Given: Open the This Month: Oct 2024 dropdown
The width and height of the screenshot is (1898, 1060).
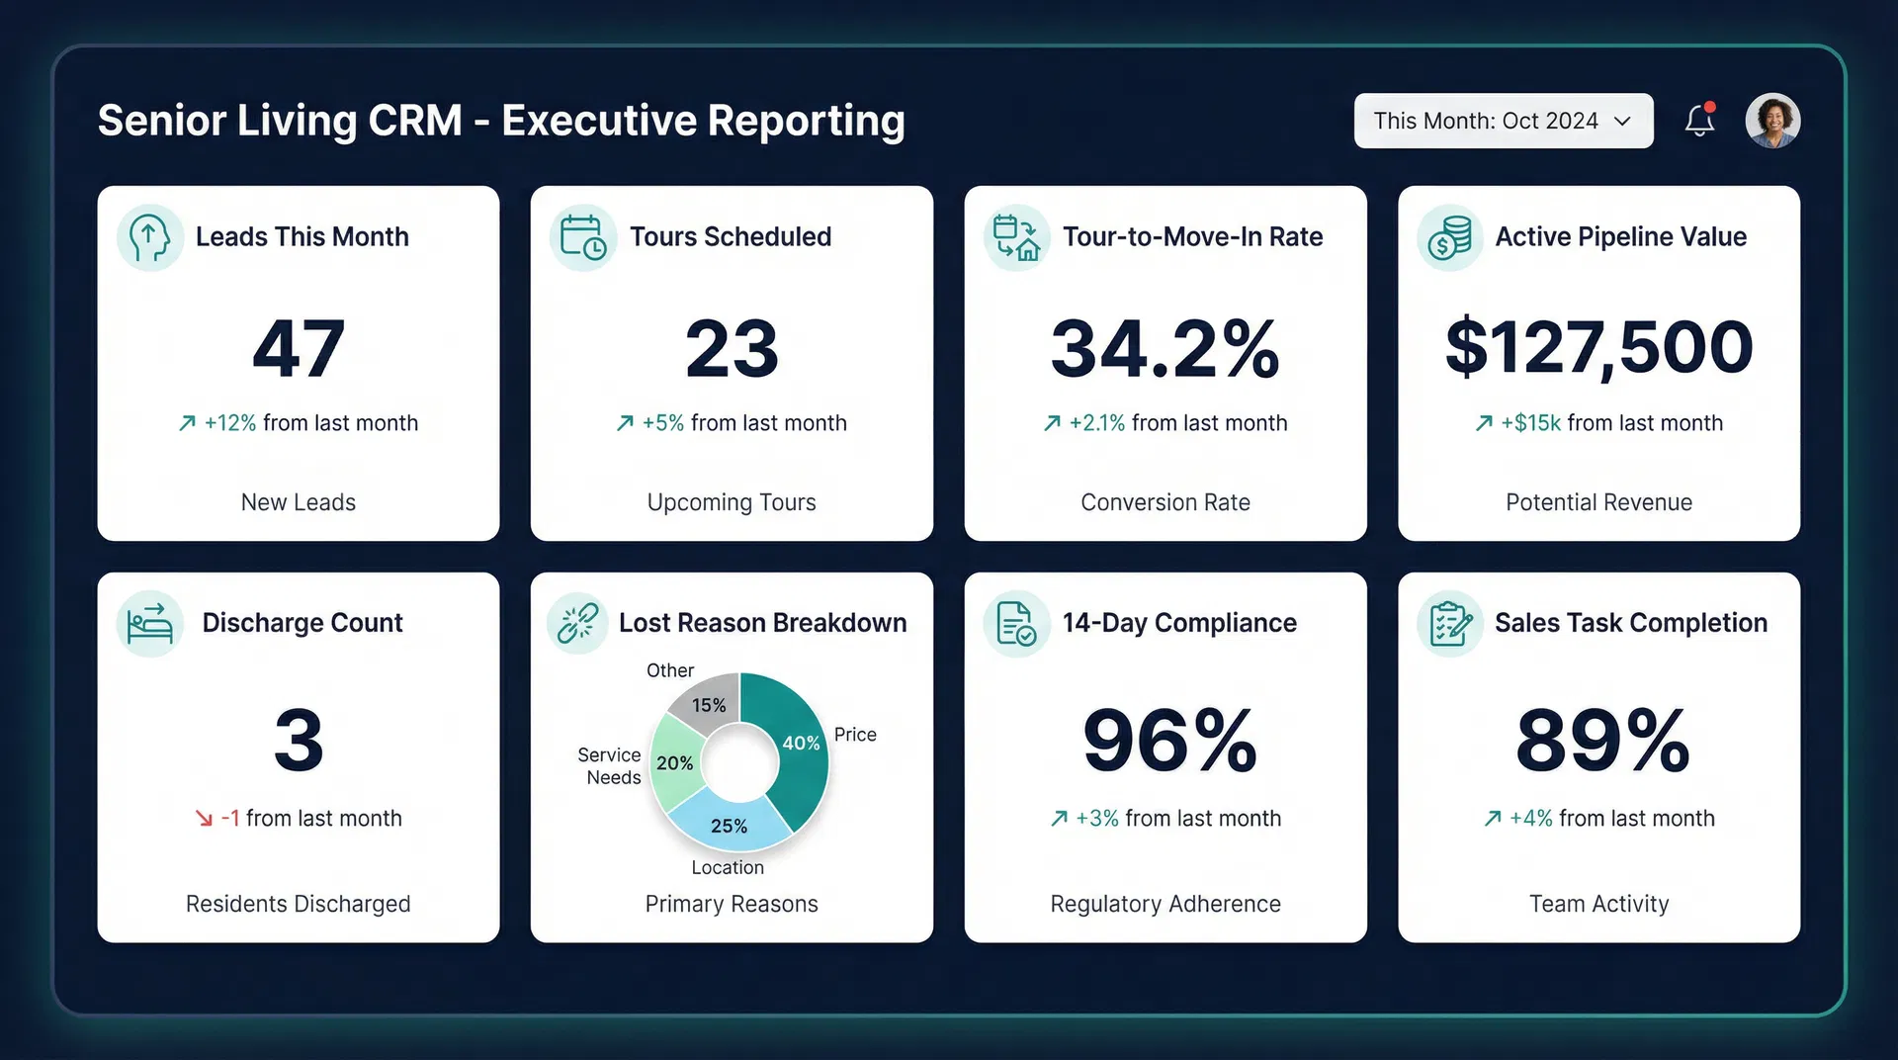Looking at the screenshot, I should point(1502,121).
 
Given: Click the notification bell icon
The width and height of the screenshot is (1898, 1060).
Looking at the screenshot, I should point(1699,121).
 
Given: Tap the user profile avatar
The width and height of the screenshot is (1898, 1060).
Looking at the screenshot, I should point(1772,121).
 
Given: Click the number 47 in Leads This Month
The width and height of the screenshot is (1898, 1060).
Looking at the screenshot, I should point(298,348).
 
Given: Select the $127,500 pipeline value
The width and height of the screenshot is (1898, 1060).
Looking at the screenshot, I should point(1598,347).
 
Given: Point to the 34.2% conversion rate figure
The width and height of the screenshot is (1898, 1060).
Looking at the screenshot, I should point(1165,348).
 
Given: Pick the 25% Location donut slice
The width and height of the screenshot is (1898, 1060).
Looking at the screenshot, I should point(730,824).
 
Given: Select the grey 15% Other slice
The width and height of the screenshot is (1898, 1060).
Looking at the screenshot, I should point(708,703).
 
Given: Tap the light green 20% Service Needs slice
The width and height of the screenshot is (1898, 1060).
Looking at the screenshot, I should point(674,762).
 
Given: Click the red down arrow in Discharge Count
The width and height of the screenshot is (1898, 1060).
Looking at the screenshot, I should point(204,819).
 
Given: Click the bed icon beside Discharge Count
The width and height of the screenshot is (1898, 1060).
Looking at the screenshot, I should point(150,624).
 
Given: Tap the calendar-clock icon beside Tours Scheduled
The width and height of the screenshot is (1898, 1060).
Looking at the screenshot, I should point(582,237).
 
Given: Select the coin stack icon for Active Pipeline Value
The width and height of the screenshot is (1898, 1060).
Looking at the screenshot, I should point(1449,237).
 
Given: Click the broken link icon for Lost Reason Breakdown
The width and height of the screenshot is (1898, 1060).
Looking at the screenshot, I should point(577,623).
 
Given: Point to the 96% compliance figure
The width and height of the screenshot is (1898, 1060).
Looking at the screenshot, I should point(1168,740).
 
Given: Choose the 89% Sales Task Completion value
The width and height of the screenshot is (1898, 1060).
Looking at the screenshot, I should point(1601,740).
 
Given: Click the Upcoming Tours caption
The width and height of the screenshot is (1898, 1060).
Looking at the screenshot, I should point(732,502).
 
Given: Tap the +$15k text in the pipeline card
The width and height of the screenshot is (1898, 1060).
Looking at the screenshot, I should point(1530,423).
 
